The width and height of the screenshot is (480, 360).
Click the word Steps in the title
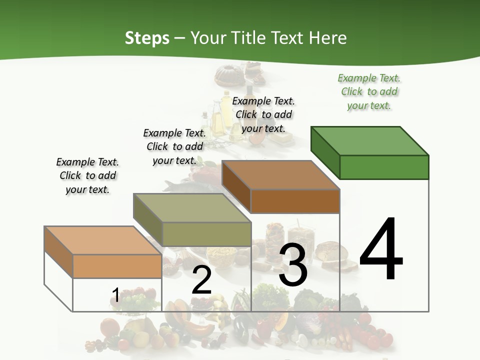(147, 38)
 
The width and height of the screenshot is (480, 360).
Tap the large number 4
(381, 250)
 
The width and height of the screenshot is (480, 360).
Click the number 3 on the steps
(293, 265)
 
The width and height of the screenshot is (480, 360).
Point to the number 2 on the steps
(201, 280)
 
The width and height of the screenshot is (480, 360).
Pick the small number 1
(115, 295)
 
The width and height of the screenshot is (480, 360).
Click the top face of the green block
(370, 141)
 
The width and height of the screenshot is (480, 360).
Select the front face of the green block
(384, 167)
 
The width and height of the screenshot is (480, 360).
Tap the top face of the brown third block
(280, 175)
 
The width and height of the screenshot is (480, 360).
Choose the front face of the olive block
(206, 234)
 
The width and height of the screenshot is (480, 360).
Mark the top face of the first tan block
(102, 240)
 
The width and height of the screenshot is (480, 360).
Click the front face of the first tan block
(117, 266)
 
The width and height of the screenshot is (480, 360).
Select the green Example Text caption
(369, 92)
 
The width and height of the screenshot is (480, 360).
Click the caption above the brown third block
(263, 114)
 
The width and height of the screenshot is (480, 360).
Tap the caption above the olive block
(174, 146)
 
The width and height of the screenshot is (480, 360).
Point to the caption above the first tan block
(87, 175)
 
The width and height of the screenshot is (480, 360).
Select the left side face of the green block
(325, 152)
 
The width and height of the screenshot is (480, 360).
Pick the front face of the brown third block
(295, 201)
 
